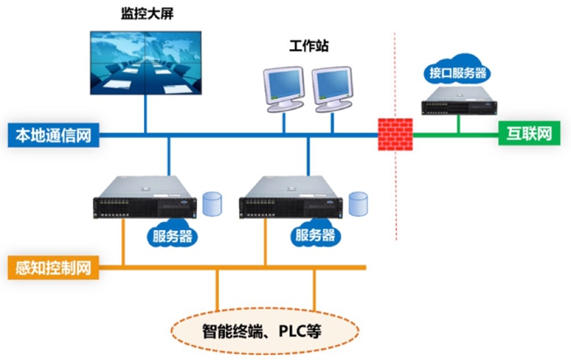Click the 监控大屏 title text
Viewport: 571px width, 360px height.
145,15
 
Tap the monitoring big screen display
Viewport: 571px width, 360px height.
145,61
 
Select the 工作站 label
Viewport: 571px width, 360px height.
307,45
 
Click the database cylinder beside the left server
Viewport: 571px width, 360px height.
212,203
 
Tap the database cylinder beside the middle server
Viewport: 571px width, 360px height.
358,203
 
